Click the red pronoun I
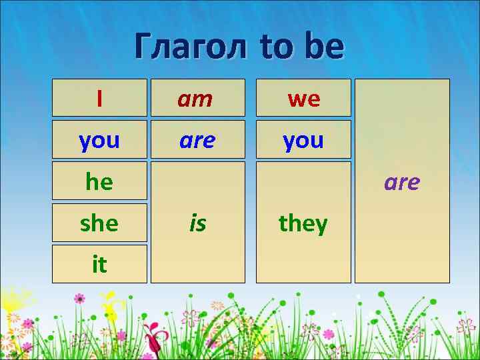pyautogui.click(x=99, y=99)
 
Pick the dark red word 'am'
pyautogui.click(x=195, y=99)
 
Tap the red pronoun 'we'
pyautogui.click(x=303, y=99)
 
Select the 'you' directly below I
pyautogui.click(x=99, y=140)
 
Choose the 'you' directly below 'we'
pyautogui.click(x=303, y=140)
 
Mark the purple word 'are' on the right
pyautogui.click(x=401, y=181)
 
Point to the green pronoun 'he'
pyautogui.click(x=99, y=181)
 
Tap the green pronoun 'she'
pyautogui.click(x=99, y=223)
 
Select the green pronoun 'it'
pyautogui.click(x=99, y=264)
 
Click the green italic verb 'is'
pyautogui.click(x=197, y=223)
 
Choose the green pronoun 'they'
pyautogui.click(x=303, y=223)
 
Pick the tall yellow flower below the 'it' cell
pyautogui.click(x=115, y=309)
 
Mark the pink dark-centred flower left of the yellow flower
pyautogui.click(x=80, y=298)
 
